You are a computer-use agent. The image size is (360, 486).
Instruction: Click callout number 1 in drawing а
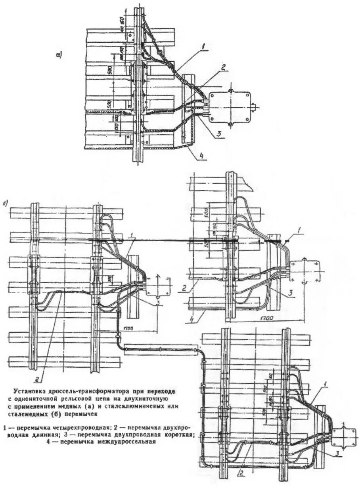tap(203, 46)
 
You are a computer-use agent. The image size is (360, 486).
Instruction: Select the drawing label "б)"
tap(5, 204)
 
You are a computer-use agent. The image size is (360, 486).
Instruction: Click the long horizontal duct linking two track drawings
tap(160, 351)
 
